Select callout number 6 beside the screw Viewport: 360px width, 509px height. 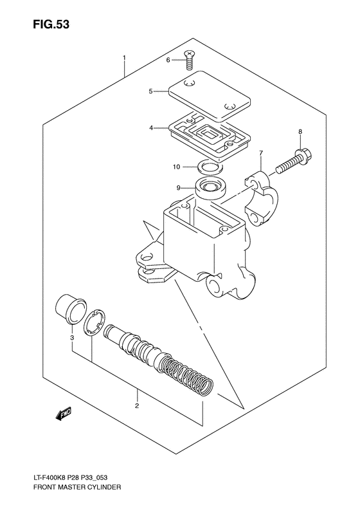tap(168, 60)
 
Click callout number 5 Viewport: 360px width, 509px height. tap(150, 91)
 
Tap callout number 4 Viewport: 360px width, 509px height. tap(151, 128)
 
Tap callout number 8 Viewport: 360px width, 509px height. tap(300, 132)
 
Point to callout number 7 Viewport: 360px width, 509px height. tap(261, 154)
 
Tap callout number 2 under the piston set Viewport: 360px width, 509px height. tap(137, 406)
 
